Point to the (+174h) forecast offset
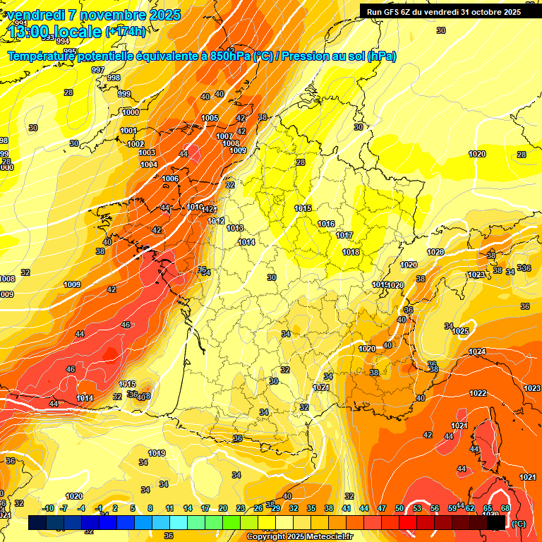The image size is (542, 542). [x=126, y=31]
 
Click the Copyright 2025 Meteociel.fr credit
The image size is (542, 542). [x=299, y=536]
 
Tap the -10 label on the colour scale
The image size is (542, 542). [x=48, y=508]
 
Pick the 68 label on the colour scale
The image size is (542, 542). [x=505, y=508]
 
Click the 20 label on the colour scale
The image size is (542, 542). [x=223, y=508]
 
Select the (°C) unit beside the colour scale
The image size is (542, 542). [x=518, y=523]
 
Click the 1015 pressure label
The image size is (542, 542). [x=303, y=208]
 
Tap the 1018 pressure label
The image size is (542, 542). [x=351, y=252]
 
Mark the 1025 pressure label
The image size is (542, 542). [x=461, y=331]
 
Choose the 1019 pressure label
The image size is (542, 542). [x=157, y=453]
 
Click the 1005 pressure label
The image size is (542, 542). [x=210, y=118]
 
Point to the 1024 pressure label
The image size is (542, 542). [x=477, y=351]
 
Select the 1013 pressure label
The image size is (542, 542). [x=235, y=228]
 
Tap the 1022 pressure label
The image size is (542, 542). [x=478, y=393]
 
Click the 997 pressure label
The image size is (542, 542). [x=98, y=70]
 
